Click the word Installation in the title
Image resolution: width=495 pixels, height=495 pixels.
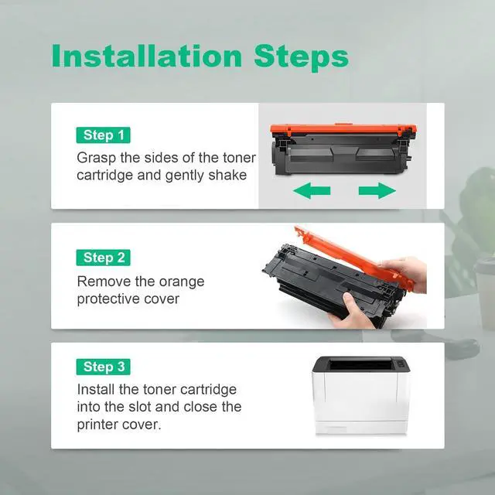[147, 56]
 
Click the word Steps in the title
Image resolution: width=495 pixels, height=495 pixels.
[301, 58]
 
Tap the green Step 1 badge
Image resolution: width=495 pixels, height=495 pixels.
[103, 135]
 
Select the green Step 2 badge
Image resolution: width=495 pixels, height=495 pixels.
[103, 258]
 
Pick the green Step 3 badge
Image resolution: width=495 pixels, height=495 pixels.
[103, 367]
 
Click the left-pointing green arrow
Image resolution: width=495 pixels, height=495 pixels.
[312, 191]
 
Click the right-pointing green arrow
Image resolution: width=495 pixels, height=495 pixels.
[377, 191]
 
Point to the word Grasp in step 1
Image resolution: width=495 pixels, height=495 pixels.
[96, 158]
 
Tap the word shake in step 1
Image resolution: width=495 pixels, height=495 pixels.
[227, 176]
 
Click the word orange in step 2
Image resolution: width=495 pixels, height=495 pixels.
[182, 282]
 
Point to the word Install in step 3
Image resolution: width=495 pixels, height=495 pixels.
[96, 389]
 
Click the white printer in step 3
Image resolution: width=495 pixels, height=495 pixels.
[361, 396]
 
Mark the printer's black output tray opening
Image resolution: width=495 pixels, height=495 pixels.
[360, 365]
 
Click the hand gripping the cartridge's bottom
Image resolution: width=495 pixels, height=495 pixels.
[350, 311]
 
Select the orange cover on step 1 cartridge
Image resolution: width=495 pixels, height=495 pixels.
[343, 129]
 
